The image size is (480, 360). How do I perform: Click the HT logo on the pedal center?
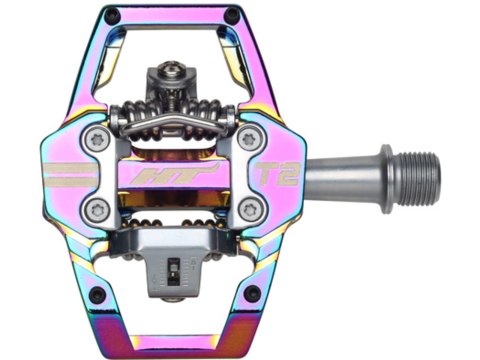coord(193,173)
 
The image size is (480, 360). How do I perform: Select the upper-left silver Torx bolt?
coord(96,139)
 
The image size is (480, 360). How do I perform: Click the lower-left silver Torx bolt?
coord(96,209)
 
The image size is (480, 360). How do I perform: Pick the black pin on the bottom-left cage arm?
coord(97,294)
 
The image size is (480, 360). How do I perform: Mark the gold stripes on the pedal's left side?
coord(62,172)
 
